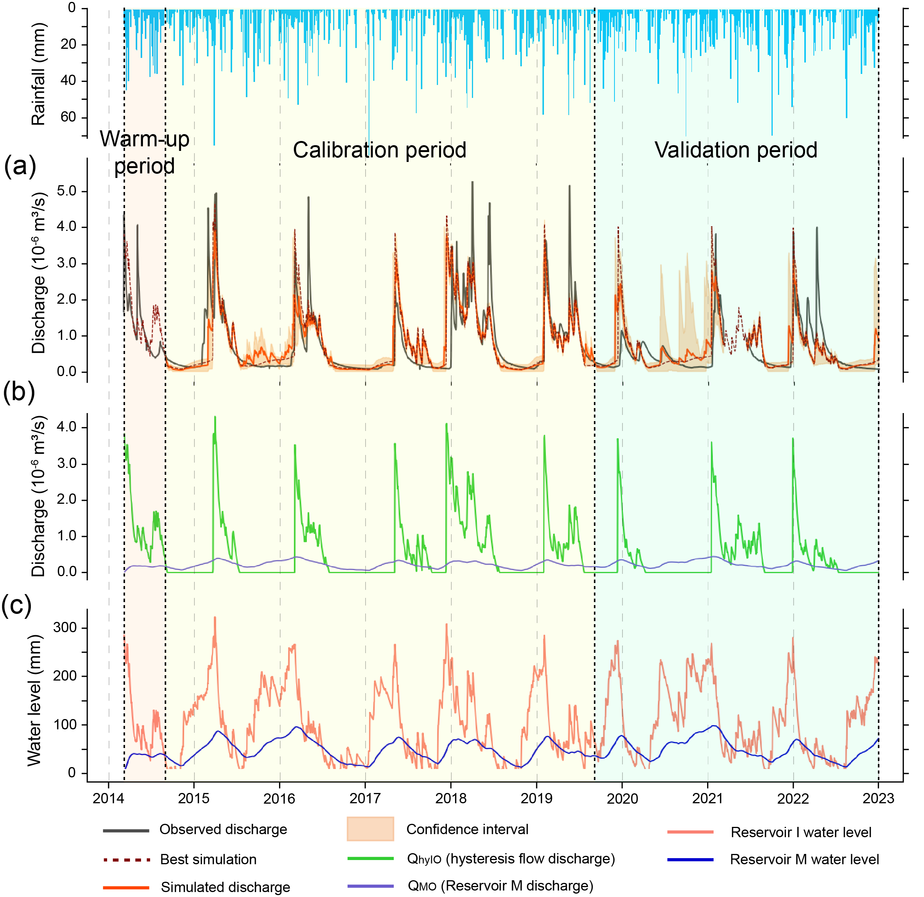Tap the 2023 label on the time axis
click(878, 798)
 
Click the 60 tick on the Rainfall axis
click(68, 117)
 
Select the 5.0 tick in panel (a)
click(66, 191)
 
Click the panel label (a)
click(20, 166)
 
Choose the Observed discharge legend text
click(223, 829)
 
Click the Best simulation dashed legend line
click(126, 860)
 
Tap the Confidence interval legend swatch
click(370, 829)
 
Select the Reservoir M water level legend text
click(804, 859)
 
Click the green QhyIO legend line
click(370, 859)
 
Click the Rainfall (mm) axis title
click(38, 74)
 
